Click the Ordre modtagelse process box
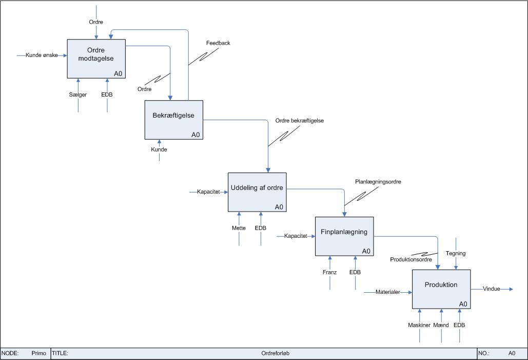(x=96, y=59)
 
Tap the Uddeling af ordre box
(x=257, y=192)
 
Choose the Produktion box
(x=441, y=289)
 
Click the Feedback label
(x=218, y=43)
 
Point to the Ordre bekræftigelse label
(x=300, y=121)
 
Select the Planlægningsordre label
(x=378, y=182)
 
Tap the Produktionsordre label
(x=411, y=260)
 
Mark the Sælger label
(x=78, y=94)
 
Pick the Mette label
(x=239, y=228)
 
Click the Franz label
(x=329, y=272)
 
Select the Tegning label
(x=456, y=253)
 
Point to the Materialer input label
(x=388, y=292)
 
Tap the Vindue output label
(x=492, y=289)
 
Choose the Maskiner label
(x=419, y=325)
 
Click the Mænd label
(x=441, y=325)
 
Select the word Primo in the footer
(x=38, y=353)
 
